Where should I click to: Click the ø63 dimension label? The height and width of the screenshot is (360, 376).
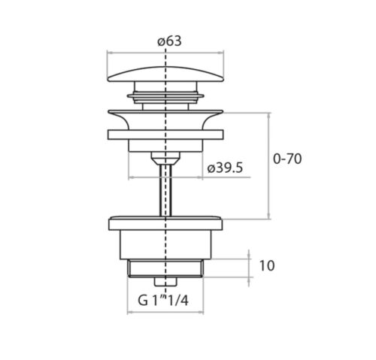[x=169, y=41]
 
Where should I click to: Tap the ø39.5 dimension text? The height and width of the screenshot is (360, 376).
[x=225, y=168]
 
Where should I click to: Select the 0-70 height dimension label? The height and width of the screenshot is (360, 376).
[x=287, y=159]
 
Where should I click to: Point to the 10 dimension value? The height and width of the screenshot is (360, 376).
[x=267, y=266]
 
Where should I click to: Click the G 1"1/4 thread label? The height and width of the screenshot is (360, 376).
[x=163, y=301]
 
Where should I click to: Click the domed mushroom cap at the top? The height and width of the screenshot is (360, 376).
[x=165, y=74]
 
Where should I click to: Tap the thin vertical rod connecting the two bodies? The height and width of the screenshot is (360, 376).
[x=165, y=190]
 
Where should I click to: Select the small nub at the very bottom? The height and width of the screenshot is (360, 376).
[x=165, y=282]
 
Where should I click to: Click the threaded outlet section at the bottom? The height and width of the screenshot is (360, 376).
[x=165, y=268]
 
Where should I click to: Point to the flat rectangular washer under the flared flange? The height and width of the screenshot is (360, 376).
[x=165, y=135]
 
